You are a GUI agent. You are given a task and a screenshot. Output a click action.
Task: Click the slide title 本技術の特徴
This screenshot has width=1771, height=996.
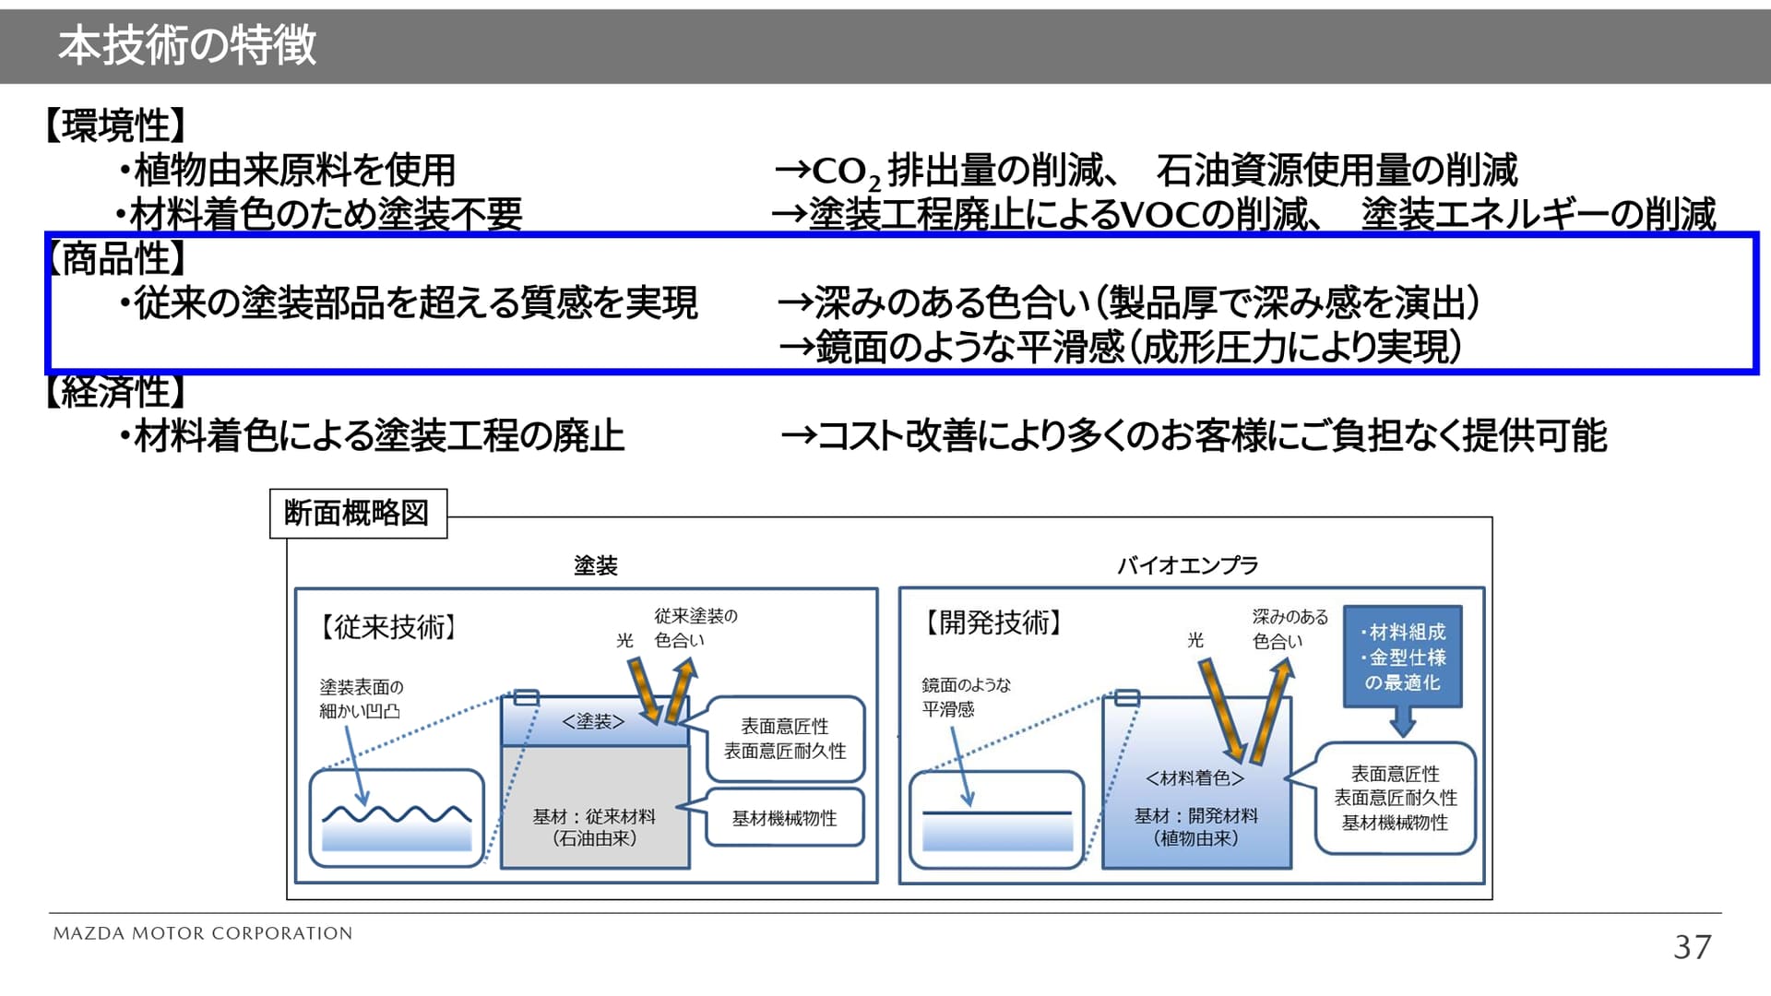click(x=187, y=45)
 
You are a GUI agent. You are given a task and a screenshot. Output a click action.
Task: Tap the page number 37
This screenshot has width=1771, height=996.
click(x=1692, y=947)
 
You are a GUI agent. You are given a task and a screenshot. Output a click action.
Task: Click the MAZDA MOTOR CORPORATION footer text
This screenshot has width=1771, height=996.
click(x=203, y=933)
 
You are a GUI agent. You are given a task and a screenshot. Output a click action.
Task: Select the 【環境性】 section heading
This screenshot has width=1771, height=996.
click(x=116, y=125)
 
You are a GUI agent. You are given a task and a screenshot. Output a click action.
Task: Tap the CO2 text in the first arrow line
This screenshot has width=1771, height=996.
click(x=844, y=172)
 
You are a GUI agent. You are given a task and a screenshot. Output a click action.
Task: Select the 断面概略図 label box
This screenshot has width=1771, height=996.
click(x=358, y=513)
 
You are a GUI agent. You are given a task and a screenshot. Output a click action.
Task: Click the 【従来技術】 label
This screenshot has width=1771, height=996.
click(x=387, y=627)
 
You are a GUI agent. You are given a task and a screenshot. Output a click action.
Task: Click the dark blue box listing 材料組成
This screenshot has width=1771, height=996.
click(x=1402, y=657)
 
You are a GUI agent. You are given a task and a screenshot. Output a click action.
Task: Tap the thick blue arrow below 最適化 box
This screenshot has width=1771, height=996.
click(x=1402, y=722)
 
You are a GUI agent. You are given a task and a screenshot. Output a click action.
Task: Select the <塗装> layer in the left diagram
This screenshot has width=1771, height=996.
click(x=594, y=722)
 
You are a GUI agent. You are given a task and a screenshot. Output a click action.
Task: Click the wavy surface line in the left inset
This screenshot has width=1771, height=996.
click(x=397, y=814)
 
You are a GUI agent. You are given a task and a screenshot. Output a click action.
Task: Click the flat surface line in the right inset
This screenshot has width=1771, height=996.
click(x=996, y=812)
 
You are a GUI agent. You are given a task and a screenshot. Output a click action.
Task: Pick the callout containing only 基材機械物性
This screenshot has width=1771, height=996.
click(x=784, y=818)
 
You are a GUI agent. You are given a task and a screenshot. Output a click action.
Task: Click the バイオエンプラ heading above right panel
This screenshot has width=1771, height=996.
click(x=1187, y=565)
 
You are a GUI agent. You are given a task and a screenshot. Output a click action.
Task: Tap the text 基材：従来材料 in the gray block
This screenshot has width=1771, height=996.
click(x=594, y=816)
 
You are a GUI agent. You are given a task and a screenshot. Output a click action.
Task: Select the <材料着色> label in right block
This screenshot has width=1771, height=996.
click(x=1195, y=778)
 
